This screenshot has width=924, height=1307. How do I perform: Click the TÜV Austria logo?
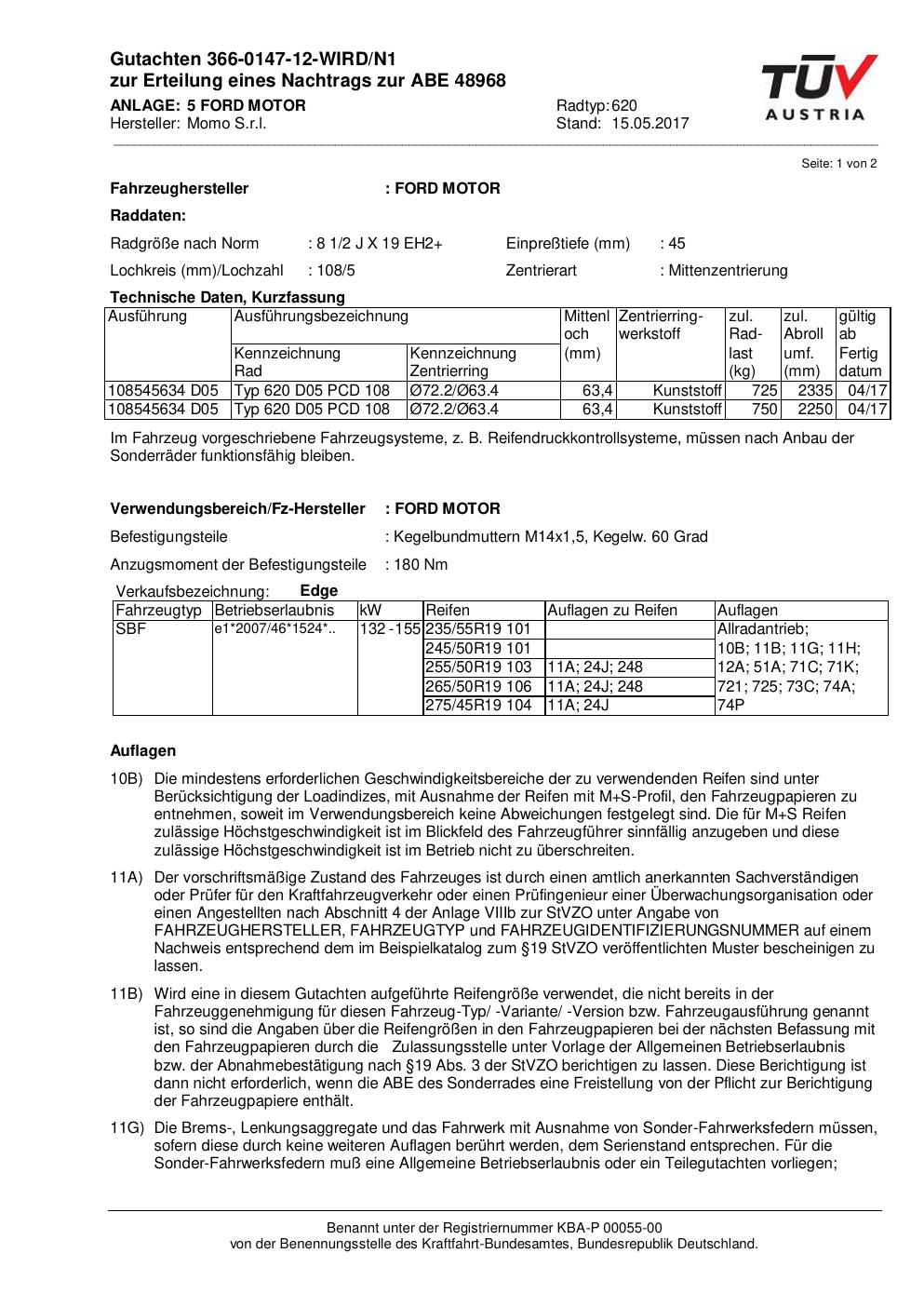(x=819, y=88)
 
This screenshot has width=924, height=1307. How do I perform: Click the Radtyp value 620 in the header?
(x=624, y=106)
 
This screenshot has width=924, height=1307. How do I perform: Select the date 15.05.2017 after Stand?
(x=649, y=124)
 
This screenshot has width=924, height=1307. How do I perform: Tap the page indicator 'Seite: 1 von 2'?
(x=838, y=164)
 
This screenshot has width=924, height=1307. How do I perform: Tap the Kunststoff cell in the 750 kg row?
(x=687, y=409)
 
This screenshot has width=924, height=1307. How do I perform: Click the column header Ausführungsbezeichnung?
(x=321, y=317)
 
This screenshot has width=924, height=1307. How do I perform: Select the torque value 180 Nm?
(x=421, y=565)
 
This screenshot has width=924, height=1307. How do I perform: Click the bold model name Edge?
(x=319, y=591)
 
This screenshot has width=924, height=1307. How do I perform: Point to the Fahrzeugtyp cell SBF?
(x=131, y=629)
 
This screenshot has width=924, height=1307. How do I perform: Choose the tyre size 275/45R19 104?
(x=478, y=706)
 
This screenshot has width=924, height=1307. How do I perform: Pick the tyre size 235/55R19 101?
(x=478, y=629)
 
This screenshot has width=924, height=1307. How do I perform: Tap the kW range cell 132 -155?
(x=390, y=629)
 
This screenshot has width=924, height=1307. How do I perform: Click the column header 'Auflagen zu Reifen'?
(x=612, y=611)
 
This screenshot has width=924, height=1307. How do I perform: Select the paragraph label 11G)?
(x=127, y=1128)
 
